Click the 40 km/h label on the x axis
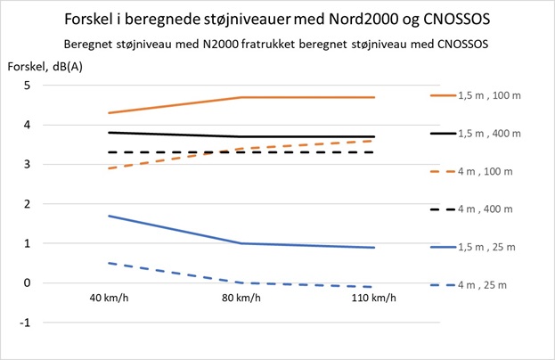[109, 298]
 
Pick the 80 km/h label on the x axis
[242, 298]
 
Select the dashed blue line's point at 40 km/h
[109, 263]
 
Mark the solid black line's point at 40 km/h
[109, 133]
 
